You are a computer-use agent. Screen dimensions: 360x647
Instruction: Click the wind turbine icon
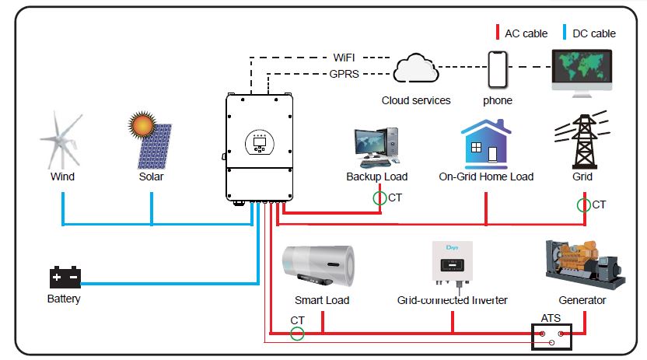click(x=61, y=139)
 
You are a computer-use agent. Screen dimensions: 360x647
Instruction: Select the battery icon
click(x=64, y=277)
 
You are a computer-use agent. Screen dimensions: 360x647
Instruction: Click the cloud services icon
click(x=416, y=69)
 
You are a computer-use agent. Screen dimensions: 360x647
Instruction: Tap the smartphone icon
click(x=497, y=69)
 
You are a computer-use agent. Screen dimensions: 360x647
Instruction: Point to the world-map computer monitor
click(x=582, y=71)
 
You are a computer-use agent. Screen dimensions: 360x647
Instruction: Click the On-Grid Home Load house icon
click(x=486, y=143)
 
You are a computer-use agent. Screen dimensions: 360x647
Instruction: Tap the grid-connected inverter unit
click(x=452, y=264)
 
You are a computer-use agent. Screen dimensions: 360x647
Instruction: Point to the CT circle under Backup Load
click(x=379, y=198)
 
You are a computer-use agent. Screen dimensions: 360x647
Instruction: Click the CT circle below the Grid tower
click(x=583, y=205)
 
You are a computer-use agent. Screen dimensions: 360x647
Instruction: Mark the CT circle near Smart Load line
click(x=296, y=334)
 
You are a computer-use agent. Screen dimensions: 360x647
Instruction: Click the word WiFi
click(x=344, y=58)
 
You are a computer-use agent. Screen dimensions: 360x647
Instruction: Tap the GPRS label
click(x=344, y=75)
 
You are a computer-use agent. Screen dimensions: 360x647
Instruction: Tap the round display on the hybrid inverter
click(x=259, y=141)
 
